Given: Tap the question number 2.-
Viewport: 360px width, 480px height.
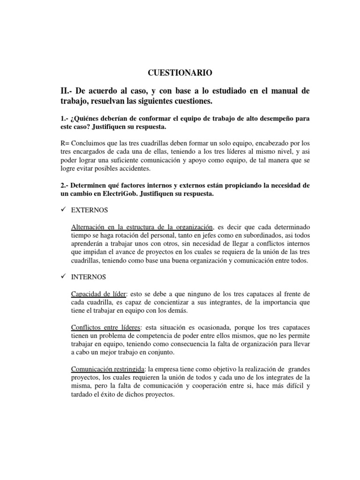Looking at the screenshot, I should (60, 186).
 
